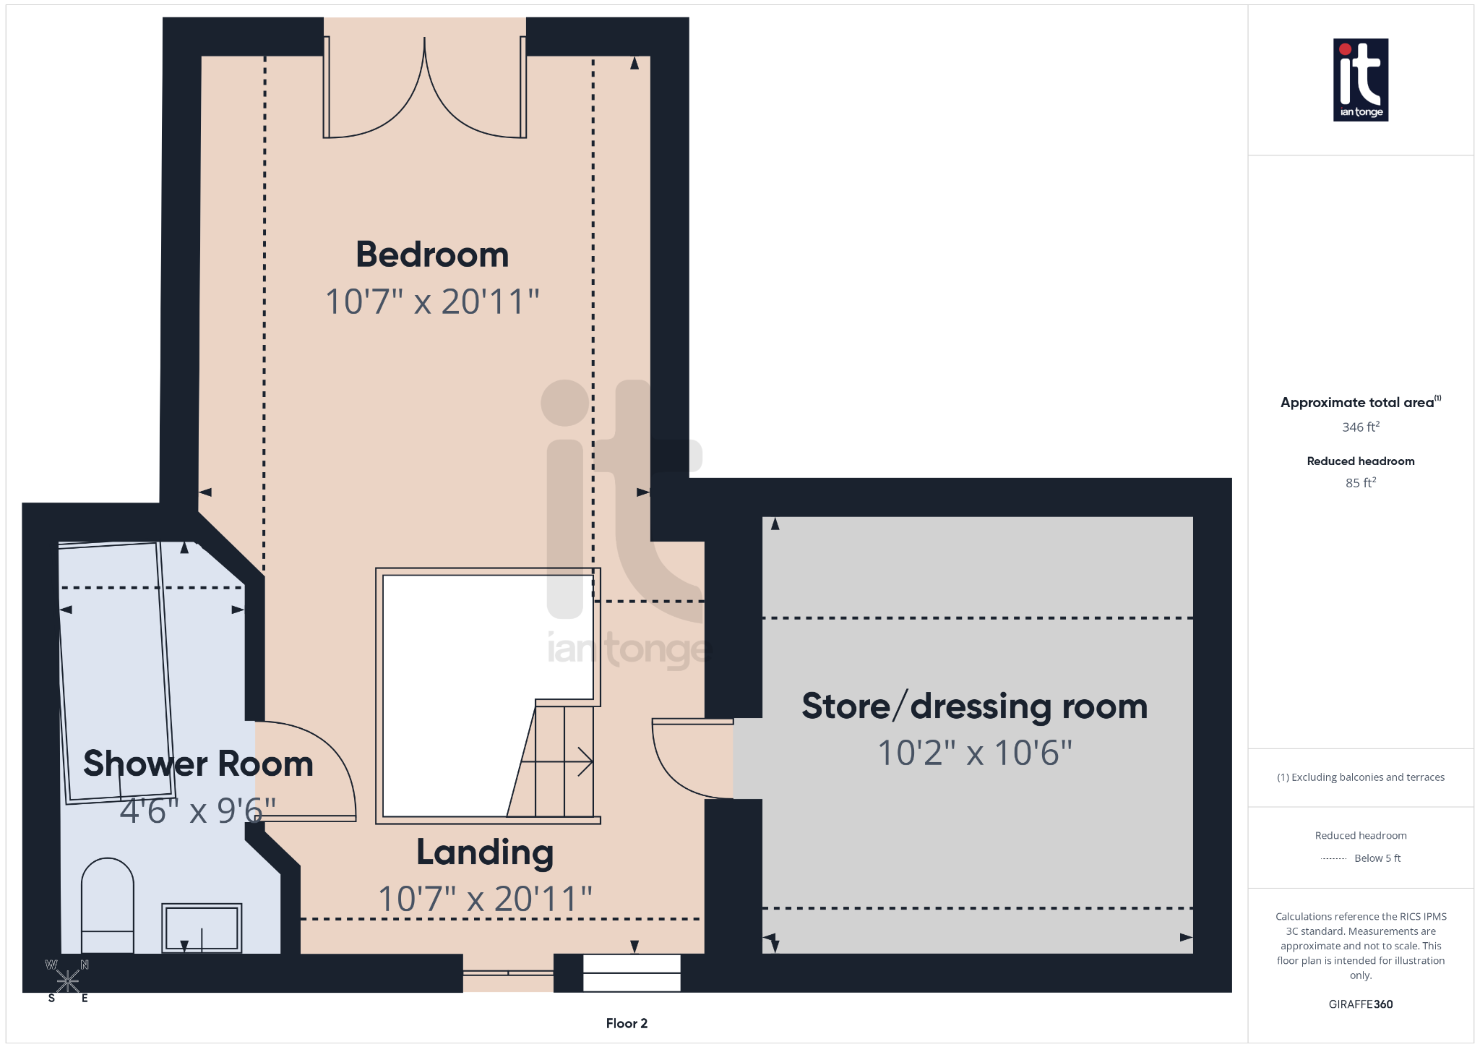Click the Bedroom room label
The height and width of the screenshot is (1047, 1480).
coord(432,255)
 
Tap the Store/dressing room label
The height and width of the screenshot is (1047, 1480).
coord(974,706)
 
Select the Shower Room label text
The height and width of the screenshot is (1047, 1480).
coord(198,764)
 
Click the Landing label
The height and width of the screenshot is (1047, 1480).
coord(485,852)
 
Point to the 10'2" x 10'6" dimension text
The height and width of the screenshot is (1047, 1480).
coord(974,753)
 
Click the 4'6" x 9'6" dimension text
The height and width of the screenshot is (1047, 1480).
coord(197,811)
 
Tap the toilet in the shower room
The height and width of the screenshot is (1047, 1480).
coord(107,904)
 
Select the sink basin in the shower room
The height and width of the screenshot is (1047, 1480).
coord(202,928)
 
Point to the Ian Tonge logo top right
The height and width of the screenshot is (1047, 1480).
coord(1360,80)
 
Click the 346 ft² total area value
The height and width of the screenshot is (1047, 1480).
coord(1360,427)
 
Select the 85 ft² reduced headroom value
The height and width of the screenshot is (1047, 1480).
coord(1360,483)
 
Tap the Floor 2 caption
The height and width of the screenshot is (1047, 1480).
coord(627,1023)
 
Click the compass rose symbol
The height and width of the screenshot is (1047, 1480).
coord(68,981)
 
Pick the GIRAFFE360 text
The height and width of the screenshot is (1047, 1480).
coord(1360,1004)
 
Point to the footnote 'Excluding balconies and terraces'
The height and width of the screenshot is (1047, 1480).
coord(1360,777)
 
